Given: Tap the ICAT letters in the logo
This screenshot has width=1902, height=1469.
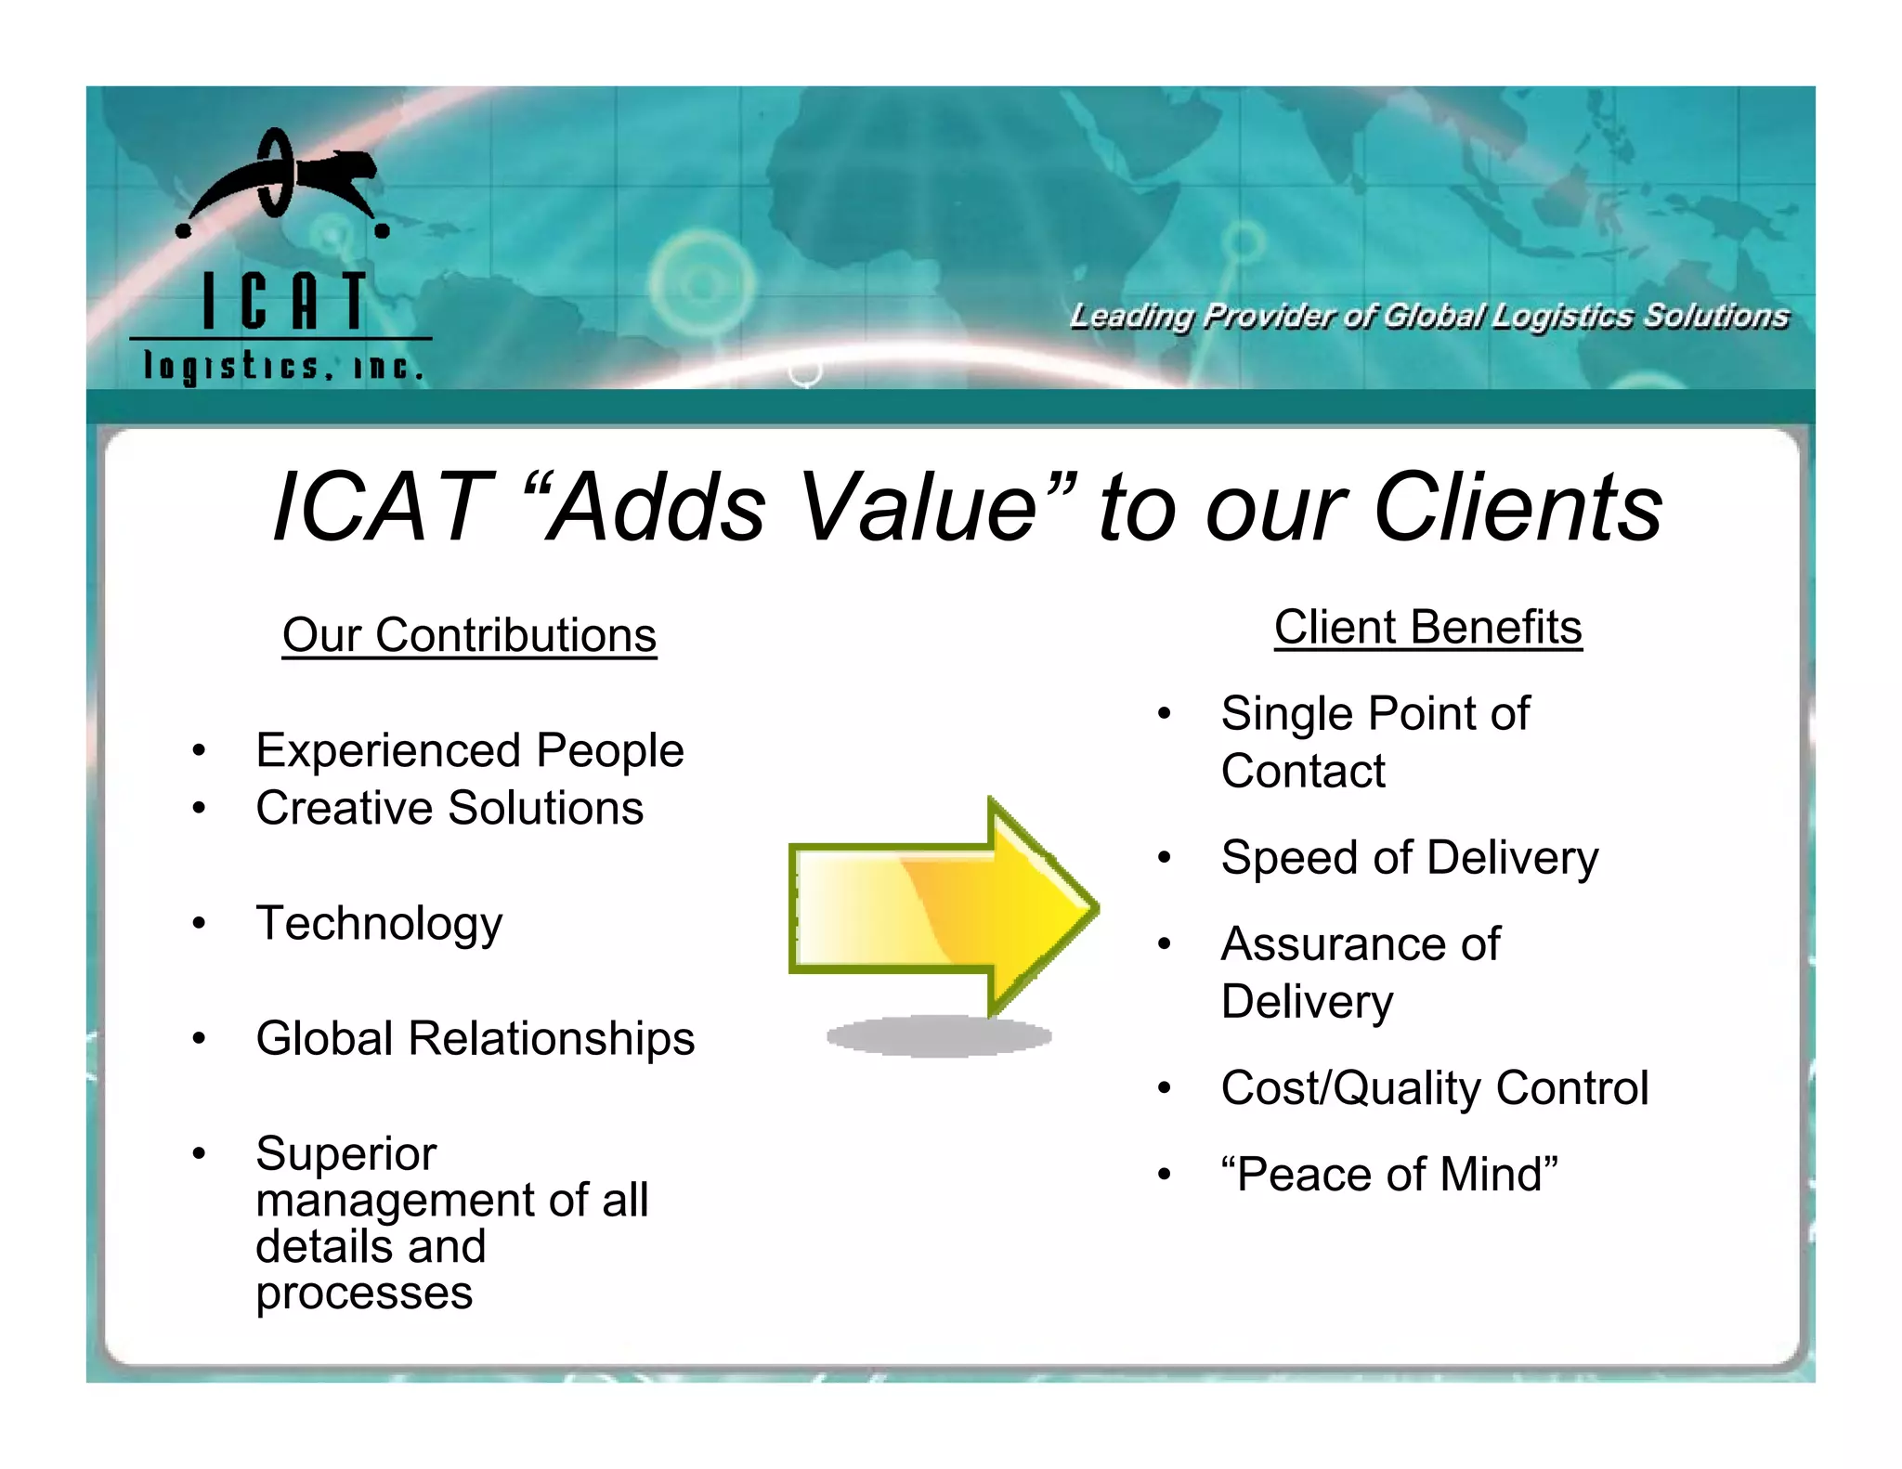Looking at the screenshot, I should [x=284, y=301].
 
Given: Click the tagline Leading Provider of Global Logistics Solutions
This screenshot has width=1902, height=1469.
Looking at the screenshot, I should [x=1428, y=317].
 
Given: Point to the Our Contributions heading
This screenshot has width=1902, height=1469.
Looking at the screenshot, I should [x=469, y=636].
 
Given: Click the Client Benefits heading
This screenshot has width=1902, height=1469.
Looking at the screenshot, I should [x=1427, y=628].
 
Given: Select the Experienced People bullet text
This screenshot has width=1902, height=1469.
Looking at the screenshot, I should [x=469, y=750].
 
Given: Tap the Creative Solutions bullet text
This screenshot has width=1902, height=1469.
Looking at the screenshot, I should [x=449, y=808].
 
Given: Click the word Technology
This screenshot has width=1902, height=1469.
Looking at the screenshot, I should [x=379, y=924].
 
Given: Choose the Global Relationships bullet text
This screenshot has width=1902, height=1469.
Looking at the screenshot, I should [x=475, y=1038].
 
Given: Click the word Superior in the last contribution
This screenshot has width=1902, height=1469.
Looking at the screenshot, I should [x=345, y=1154].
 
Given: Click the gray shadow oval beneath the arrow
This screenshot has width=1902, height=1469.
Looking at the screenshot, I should [x=938, y=1036].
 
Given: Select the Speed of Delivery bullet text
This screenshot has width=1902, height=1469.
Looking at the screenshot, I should [x=1409, y=858].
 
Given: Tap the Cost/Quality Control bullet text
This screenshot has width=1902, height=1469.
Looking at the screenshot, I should [x=1434, y=1088].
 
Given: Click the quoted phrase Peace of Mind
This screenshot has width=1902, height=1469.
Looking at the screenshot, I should [x=1389, y=1175].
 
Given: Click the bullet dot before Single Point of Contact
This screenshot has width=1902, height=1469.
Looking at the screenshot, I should [x=1164, y=714].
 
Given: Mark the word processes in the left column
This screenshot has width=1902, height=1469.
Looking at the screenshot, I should [x=364, y=1293].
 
